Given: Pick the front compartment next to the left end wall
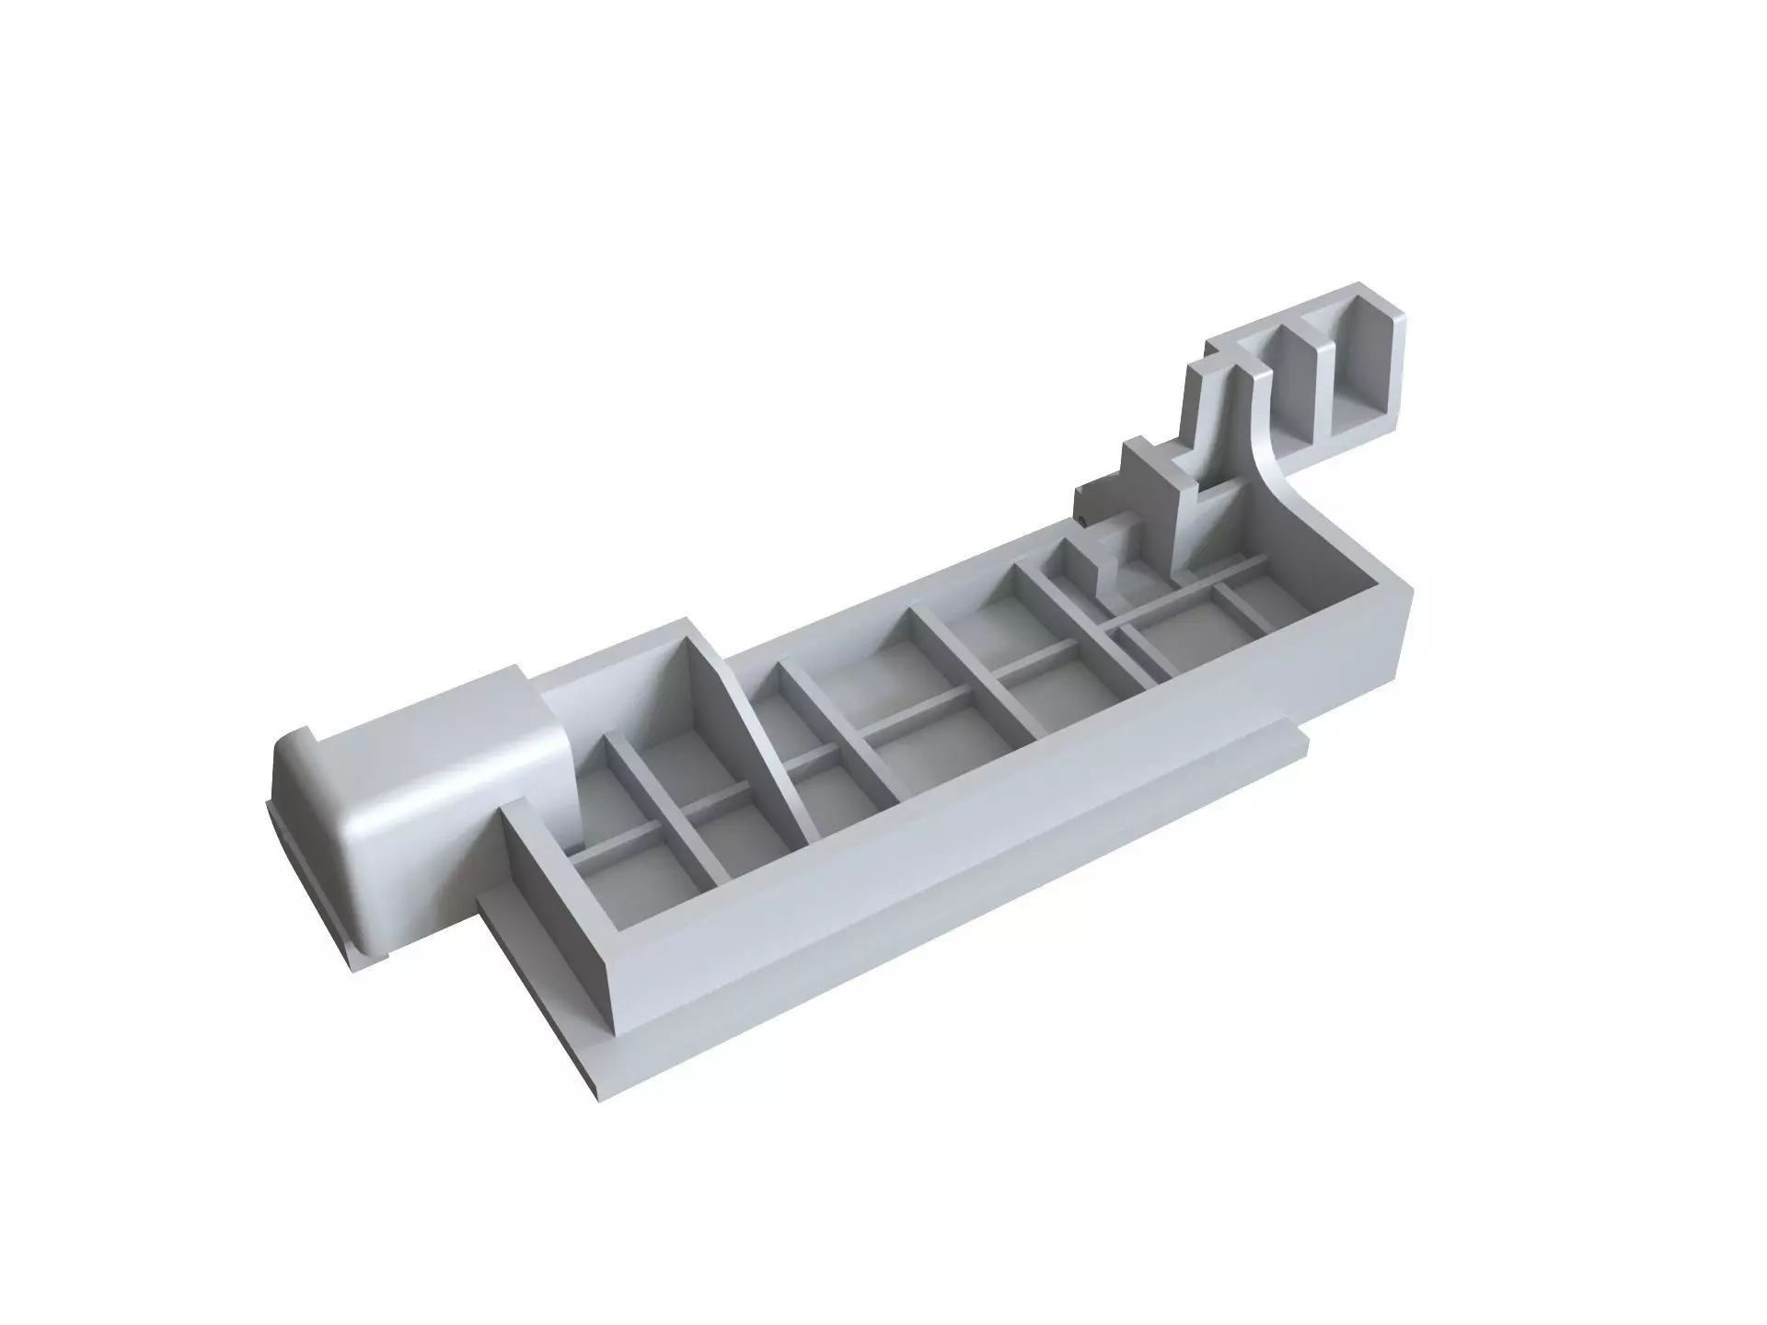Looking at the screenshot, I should pyautogui.click(x=635, y=883).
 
